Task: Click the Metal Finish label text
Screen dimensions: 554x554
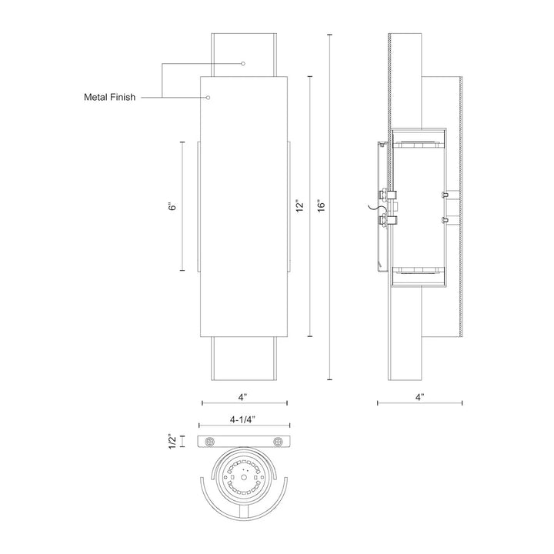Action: (x=109, y=97)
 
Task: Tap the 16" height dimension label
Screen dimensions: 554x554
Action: (x=321, y=206)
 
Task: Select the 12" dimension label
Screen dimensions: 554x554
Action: (x=300, y=206)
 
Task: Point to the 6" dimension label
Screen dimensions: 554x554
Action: (x=172, y=206)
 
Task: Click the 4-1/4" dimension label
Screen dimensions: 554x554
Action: (x=242, y=419)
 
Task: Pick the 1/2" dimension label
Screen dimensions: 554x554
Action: (x=172, y=442)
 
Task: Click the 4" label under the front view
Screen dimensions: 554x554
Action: (x=242, y=397)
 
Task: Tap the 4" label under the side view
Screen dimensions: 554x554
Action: (x=419, y=397)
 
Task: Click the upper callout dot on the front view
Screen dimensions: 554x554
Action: (x=242, y=64)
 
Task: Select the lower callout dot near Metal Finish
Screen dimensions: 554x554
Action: (x=209, y=97)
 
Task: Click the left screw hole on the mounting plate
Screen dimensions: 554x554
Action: (x=209, y=442)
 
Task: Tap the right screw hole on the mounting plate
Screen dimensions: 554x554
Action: (x=278, y=442)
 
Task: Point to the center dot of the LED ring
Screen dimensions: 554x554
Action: (x=244, y=477)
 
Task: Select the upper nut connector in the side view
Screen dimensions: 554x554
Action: (x=388, y=194)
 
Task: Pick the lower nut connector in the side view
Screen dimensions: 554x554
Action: (x=388, y=221)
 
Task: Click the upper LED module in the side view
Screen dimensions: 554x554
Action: (x=419, y=145)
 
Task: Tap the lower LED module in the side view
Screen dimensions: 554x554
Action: (x=419, y=271)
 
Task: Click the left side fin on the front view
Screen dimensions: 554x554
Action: (x=199, y=207)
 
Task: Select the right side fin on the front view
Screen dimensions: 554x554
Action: (x=289, y=207)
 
